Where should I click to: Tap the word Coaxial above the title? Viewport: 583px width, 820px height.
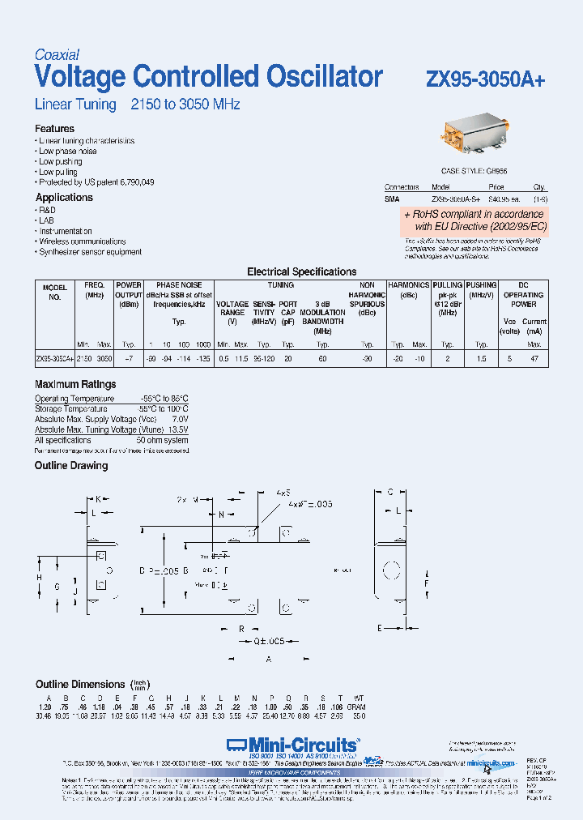pos(57,55)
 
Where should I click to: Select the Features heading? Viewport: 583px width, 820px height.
pos(54,129)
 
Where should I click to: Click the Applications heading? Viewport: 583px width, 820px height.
pos(64,198)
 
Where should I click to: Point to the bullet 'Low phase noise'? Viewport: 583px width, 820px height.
pos(68,152)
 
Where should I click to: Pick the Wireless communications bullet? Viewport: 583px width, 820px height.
pos(83,241)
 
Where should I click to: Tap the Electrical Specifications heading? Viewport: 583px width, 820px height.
pos(301,272)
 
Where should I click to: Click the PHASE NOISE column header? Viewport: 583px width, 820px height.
pos(179,285)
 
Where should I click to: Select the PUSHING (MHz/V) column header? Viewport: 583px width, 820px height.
pos(481,290)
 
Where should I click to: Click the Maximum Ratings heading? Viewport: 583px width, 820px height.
pos(75,384)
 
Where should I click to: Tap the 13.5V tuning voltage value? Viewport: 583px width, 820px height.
pos(177,429)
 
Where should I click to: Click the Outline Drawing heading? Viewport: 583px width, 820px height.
pos(71,466)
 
